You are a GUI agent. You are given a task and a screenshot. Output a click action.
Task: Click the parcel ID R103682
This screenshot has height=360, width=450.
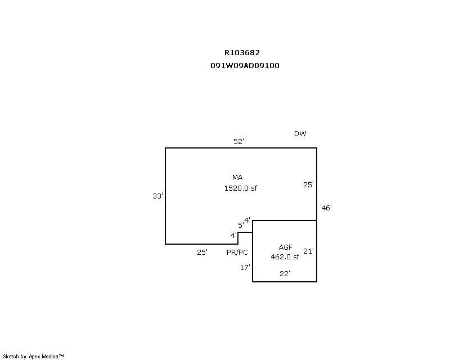click(x=242, y=53)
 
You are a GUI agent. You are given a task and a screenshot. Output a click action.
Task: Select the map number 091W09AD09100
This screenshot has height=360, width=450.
click(x=245, y=66)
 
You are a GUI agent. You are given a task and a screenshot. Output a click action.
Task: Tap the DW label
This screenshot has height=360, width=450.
click(x=300, y=134)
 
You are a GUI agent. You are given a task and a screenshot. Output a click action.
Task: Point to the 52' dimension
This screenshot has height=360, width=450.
click(x=238, y=142)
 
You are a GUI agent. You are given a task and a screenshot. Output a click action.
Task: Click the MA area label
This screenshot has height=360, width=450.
click(x=237, y=178)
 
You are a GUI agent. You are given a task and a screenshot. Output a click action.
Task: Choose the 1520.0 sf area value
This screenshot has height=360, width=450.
click(x=241, y=188)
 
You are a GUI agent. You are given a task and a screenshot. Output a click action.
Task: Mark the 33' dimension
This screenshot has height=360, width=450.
click(x=157, y=196)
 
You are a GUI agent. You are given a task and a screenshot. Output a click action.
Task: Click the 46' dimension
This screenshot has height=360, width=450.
click(x=326, y=208)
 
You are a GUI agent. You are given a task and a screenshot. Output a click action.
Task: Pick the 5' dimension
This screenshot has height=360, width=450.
click(x=241, y=226)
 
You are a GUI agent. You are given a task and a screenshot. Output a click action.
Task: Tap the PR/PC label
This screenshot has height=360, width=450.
click(x=237, y=253)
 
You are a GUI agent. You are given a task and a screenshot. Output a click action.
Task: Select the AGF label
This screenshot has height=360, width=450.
click(x=286, y=247)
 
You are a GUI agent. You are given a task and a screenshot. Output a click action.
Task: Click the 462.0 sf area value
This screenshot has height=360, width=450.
click(x=285, y=257)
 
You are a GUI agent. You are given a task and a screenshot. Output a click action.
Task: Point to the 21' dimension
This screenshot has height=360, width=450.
click(x=308, y=251)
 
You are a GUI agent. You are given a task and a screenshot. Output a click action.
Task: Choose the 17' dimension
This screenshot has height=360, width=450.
click(x=245, y=268)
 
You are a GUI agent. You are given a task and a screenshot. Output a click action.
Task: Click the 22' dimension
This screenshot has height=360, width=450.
click(x=285, y=274)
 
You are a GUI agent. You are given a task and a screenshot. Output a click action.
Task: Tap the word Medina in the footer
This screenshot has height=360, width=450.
click(x=50, y=357)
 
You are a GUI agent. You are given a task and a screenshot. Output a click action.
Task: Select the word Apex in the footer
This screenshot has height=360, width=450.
click(x=34, y=357)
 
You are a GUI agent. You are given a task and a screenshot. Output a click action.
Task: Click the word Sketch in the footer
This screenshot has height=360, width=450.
click(x=11, y=357)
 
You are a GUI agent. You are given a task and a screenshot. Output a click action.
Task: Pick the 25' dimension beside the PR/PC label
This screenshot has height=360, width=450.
click(x=202, y=253)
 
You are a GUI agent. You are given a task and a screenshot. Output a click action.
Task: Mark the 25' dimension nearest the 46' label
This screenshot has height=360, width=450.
click(x=308, y=185)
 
